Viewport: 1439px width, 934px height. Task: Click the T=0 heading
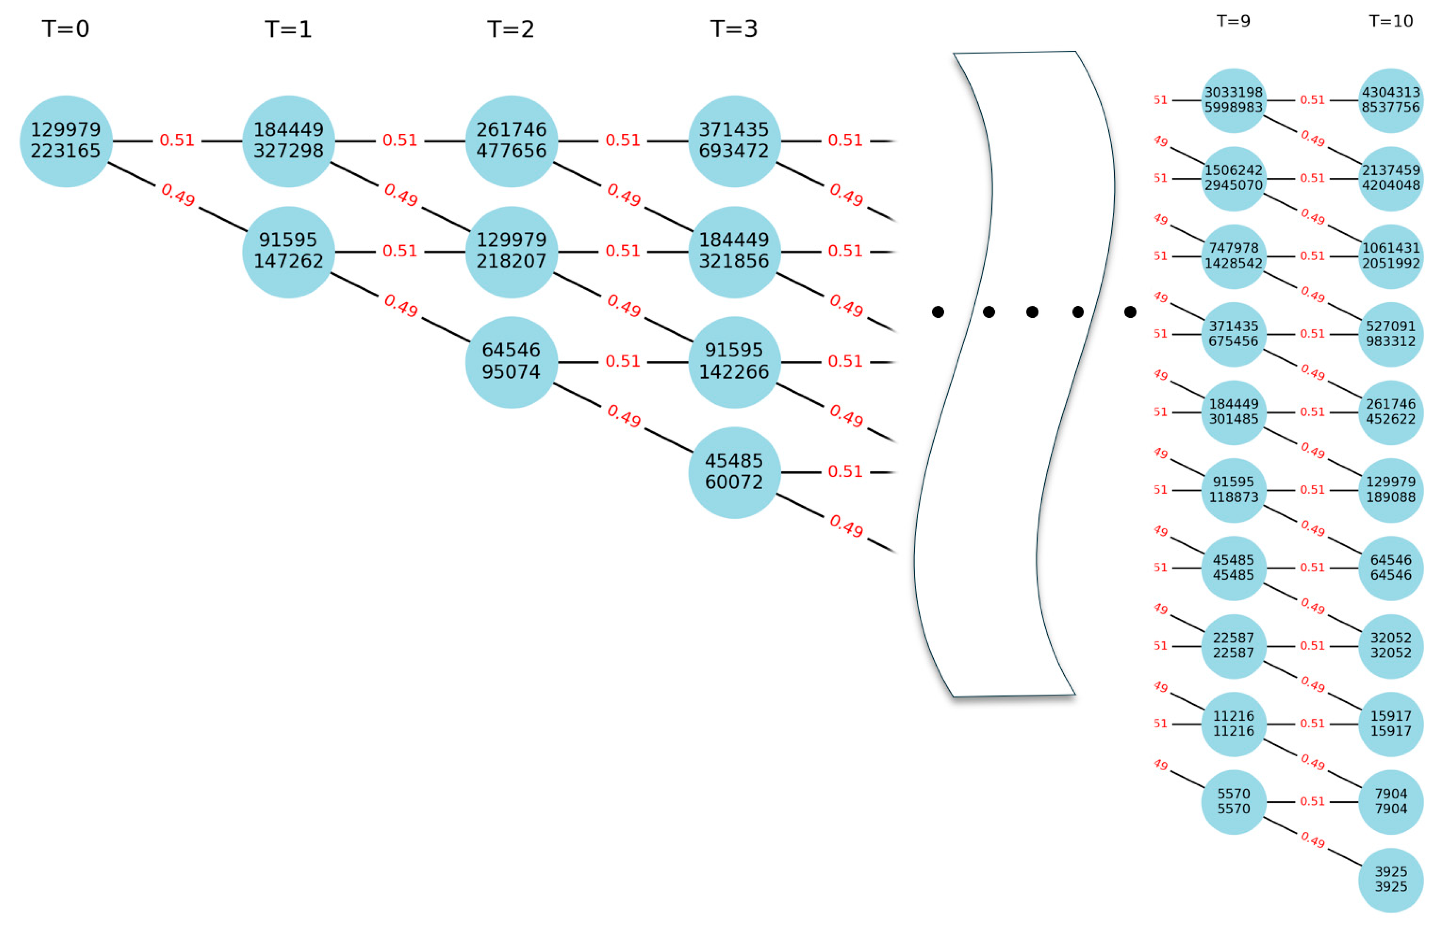point(65,29)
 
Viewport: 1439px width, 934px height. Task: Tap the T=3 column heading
point(733,29)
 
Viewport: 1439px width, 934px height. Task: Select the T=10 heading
point(1391,21)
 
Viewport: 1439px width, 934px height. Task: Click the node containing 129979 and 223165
point(66,141)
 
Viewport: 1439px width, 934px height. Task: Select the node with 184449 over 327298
point(289,141)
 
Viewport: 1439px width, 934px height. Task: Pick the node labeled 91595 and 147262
point(289,251)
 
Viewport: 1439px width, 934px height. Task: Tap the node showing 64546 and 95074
point(511,361)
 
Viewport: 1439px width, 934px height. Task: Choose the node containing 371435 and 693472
point(734,141)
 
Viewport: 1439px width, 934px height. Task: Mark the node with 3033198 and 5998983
point(1234,100)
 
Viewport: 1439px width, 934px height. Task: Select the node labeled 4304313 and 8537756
point(1391,100)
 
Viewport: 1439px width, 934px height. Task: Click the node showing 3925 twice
point(1391,879)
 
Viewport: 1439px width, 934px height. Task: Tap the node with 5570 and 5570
point(1234,802)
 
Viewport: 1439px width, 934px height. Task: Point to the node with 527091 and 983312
point(1391,334)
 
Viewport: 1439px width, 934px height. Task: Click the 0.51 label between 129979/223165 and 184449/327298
point(177,140)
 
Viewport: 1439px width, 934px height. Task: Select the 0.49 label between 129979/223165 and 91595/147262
point(178,195)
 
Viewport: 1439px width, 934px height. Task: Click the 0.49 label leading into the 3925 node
point(1313,840)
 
